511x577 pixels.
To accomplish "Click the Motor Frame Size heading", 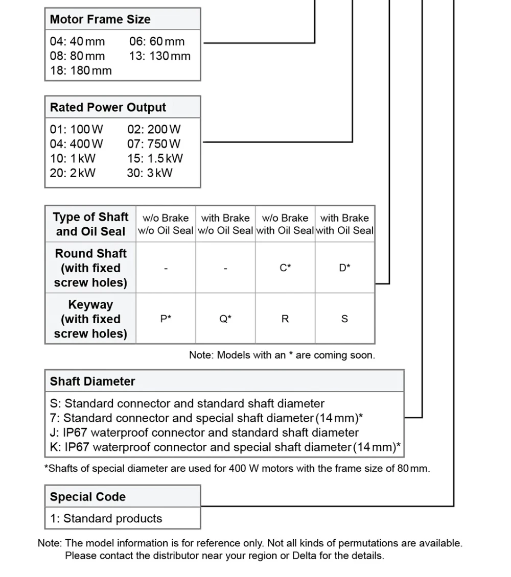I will tap(100, 19).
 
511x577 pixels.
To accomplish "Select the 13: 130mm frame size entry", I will tap(159, 56).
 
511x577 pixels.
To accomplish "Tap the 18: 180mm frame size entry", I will tap(81, 70).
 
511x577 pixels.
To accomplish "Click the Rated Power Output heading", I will tap(108, 107).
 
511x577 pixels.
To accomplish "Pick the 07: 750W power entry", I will tap(154, 144).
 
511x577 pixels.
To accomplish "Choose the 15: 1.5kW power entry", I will tap(155, 158).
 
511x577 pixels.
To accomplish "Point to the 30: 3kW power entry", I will tap(150, 173).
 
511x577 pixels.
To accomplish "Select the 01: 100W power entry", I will tap(76, 130).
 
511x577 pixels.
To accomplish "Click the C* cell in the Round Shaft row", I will tap(285, 268).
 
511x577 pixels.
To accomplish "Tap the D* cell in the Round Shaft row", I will tap(344, 268).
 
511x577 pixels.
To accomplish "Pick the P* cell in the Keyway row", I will tap(166, 319).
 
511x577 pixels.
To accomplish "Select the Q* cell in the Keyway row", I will tap(225, 319).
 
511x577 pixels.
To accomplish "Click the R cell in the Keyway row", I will tap(285, 319).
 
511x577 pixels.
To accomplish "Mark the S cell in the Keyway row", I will tap(344, 319).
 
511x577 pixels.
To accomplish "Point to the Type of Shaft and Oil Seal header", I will tap(90, 224).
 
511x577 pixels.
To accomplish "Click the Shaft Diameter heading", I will tap(92, 381).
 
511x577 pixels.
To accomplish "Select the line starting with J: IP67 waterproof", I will tap(204, 432).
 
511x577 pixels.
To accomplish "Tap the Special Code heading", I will tap(87, 497).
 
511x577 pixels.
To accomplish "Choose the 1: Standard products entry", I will tap(106, 518).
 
